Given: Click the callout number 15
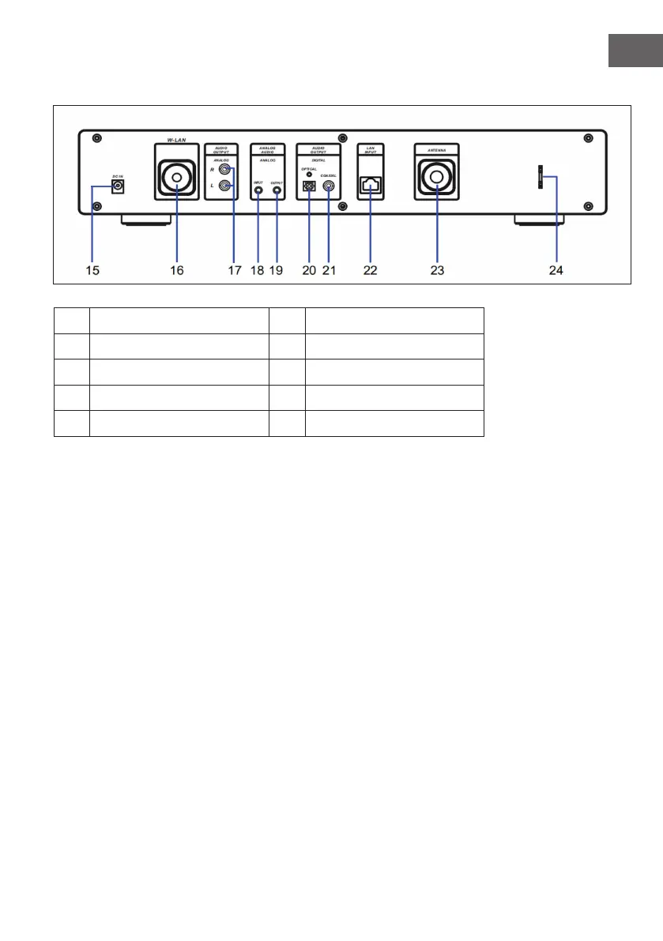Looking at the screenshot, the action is point(93,270).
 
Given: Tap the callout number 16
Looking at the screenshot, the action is point(176,270).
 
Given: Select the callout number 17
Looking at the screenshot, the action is point(234,270).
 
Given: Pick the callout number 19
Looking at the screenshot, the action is point(276,270).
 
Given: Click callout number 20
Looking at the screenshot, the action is point(309,270).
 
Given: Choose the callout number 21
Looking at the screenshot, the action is point(329,270).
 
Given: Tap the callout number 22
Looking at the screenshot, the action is point(370,270).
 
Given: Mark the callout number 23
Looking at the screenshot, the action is point(437,270).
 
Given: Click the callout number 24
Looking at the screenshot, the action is point(556,270).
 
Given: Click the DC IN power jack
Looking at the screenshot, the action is point(119,186).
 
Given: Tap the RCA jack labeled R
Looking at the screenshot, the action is point(227,169).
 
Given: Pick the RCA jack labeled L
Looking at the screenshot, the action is point(227,186).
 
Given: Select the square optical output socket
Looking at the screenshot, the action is point(310,188).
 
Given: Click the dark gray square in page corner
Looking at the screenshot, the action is point(636,50).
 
